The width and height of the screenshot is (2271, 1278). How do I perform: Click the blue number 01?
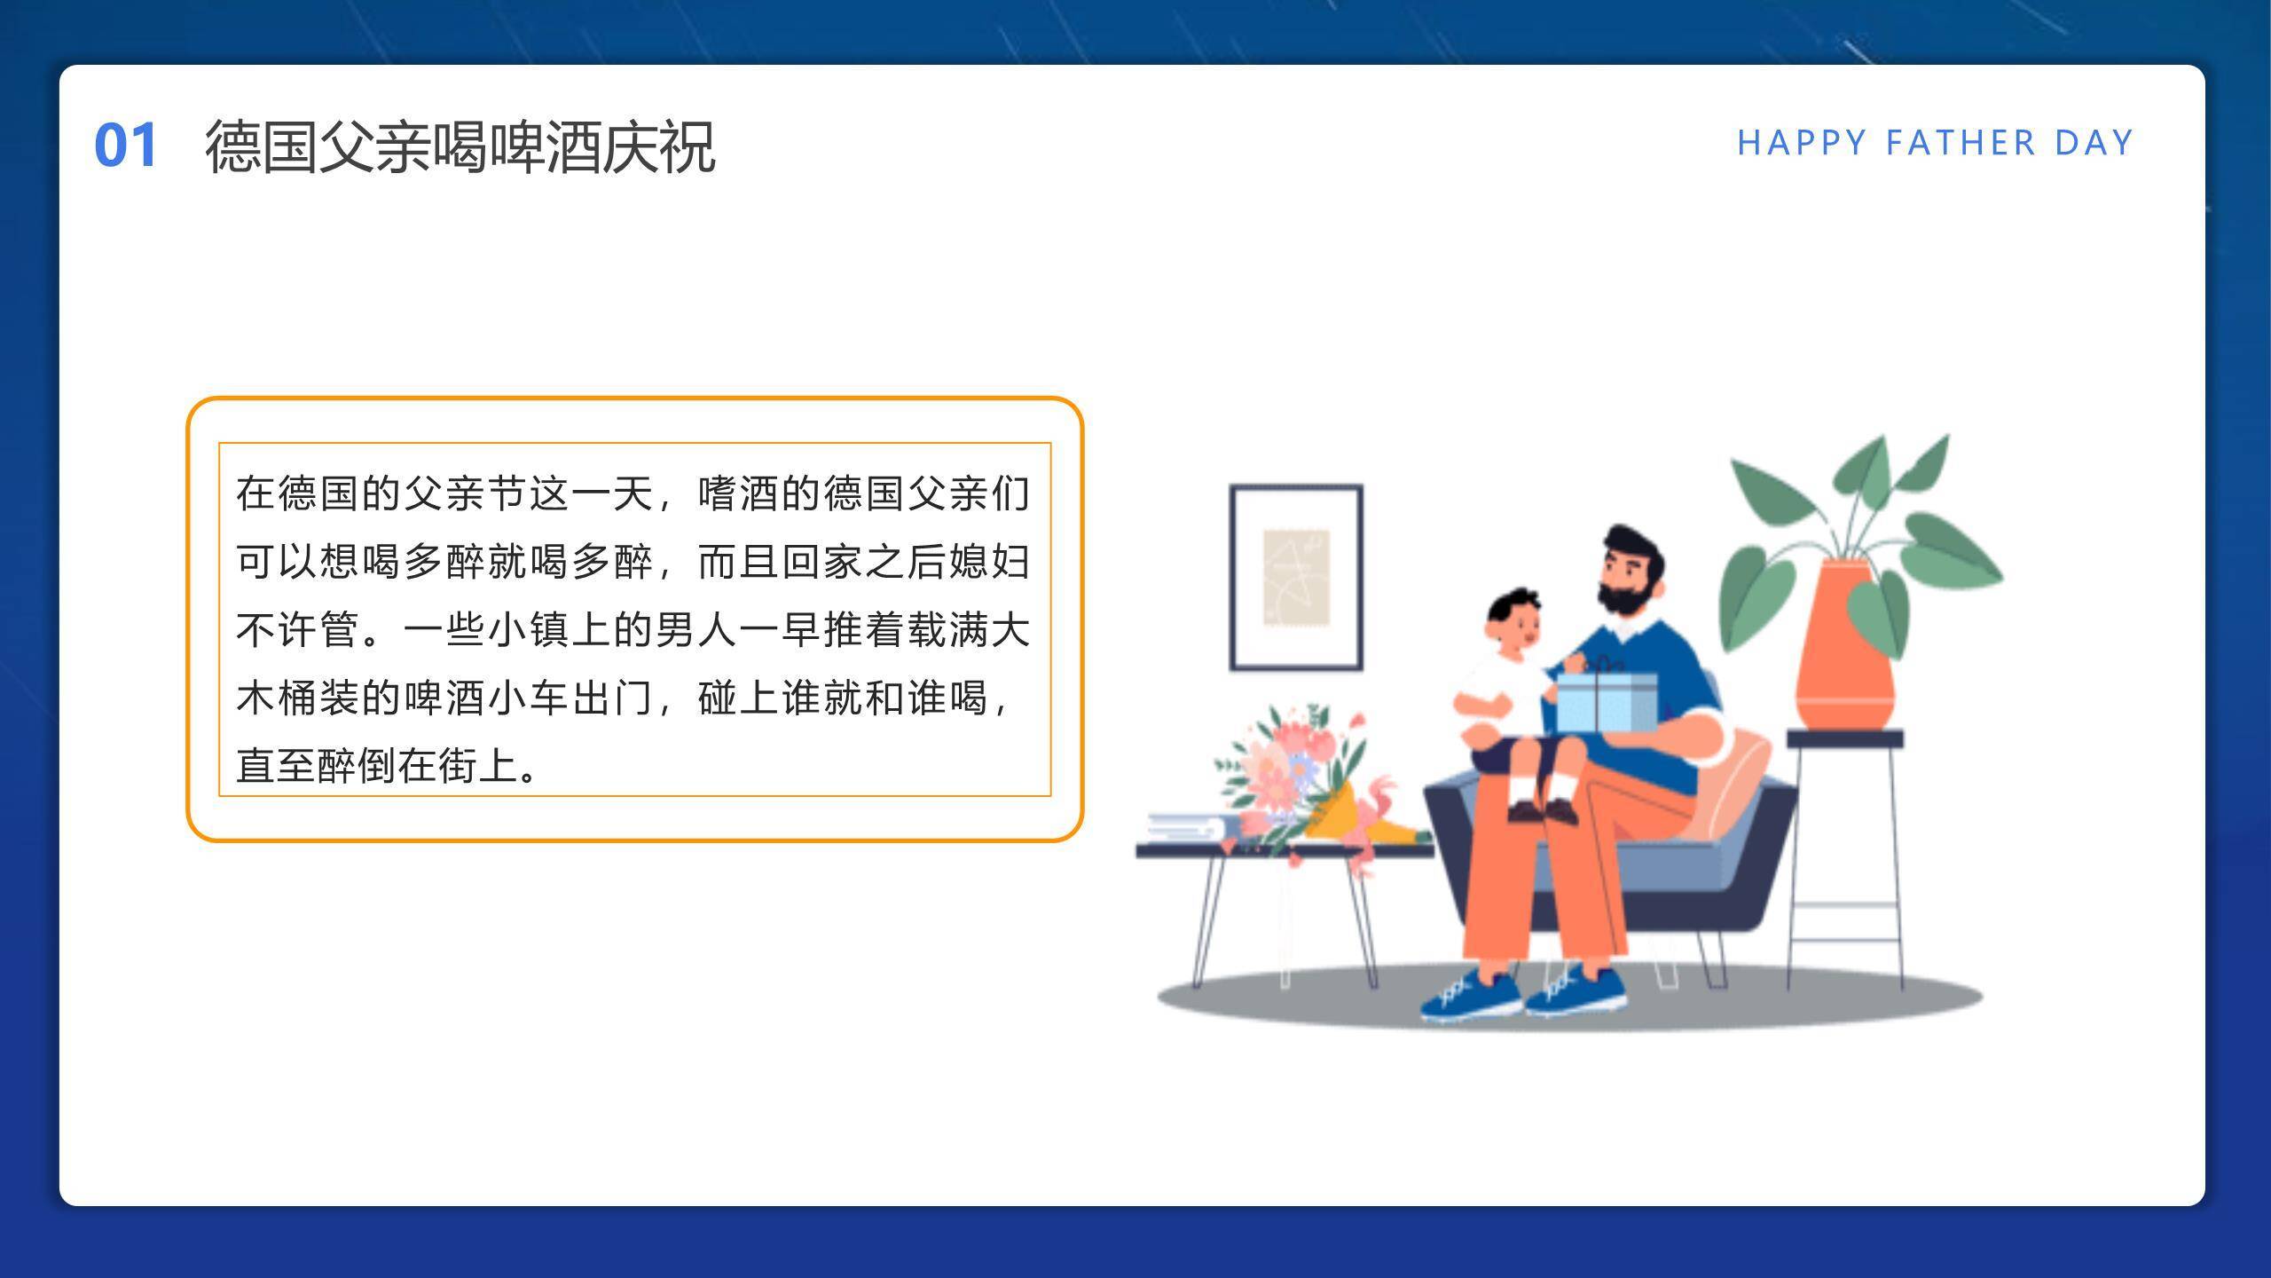point(126,145)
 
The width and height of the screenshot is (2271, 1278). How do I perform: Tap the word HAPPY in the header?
point(1802,143)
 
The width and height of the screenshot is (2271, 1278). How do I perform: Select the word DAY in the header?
point(2094,143)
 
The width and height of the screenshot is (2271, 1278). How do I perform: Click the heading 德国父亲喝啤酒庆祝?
point(460,146)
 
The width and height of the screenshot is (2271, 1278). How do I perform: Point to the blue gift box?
point(1607,701)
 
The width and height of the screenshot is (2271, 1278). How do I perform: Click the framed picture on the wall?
point(1296,577)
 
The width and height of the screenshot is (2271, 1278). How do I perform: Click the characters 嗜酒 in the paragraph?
point(740,493)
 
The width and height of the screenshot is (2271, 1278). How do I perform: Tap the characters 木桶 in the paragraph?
point(277,698)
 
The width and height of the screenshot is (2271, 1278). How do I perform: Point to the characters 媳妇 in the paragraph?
point(989,562)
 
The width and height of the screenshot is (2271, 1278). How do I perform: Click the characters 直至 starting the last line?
point(277,765)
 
